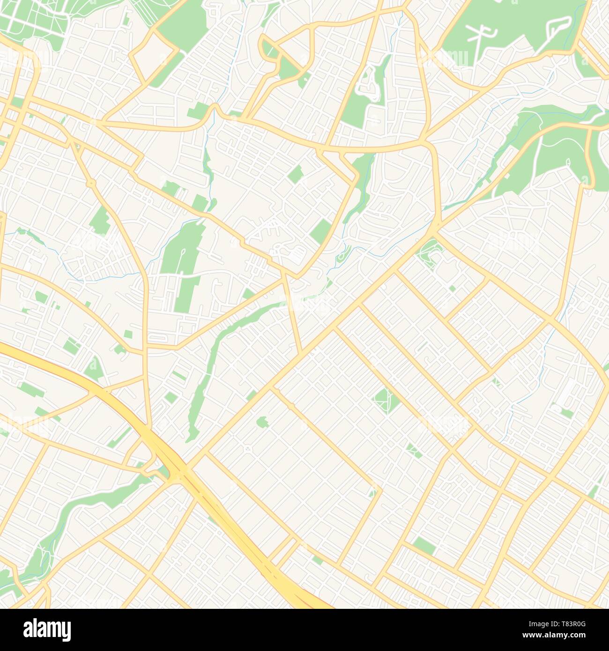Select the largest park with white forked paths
tap(511, 28)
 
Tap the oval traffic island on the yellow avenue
tap(92, 182)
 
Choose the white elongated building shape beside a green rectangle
tap(569, 391)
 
